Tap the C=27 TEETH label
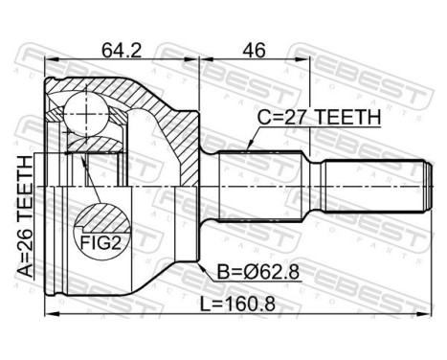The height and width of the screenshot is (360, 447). (318, 117)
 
